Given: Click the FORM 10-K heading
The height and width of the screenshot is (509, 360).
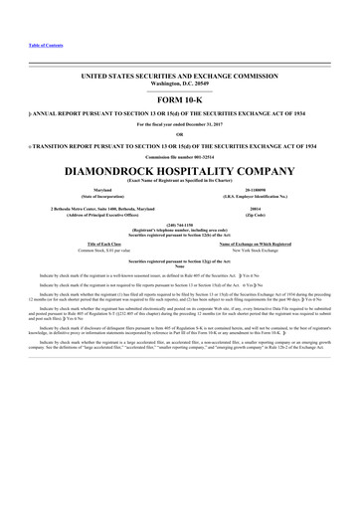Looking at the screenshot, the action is coord(179,100).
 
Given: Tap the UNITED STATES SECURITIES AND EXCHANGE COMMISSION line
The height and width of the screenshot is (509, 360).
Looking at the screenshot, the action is coord(179,76).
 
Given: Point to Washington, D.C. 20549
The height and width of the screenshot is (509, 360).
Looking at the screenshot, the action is coord(179,83).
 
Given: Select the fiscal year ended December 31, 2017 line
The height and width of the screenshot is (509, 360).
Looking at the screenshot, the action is coord(179,124).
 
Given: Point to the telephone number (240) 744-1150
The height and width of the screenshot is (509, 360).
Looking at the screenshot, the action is coord(179,224).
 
